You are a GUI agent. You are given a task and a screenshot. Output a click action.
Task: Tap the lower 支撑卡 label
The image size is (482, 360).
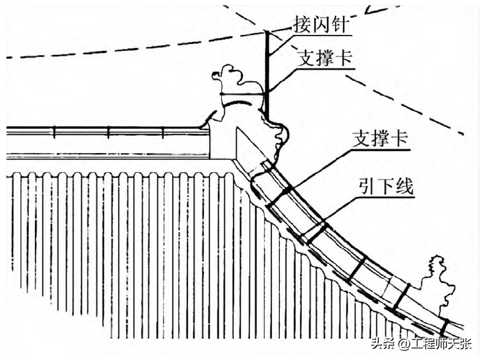380,138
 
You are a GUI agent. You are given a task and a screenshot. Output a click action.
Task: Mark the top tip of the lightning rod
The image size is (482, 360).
267,31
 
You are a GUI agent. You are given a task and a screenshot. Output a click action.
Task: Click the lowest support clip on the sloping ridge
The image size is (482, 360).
444,327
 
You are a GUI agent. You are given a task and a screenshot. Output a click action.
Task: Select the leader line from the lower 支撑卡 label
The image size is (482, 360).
325,165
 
